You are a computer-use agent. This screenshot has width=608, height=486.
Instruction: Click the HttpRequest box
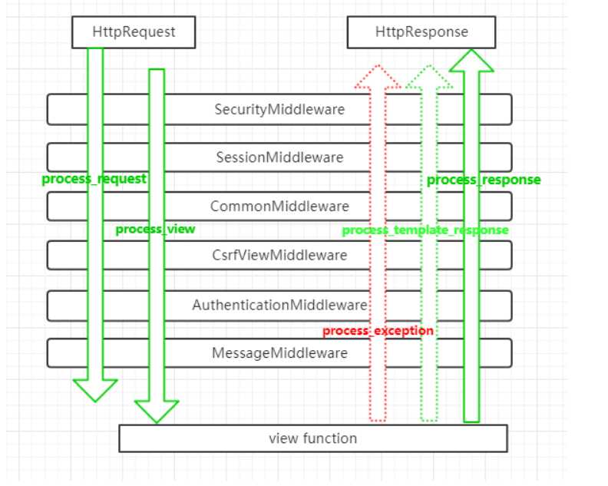click(x=134, y=32)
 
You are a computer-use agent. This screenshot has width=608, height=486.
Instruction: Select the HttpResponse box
click(x=421, y=32)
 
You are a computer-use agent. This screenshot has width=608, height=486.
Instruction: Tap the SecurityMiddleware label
click(x=279, y=109)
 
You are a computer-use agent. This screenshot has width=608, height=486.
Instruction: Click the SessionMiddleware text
click(x=279, y=157)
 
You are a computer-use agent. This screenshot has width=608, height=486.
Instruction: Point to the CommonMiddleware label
click(x=279, y=207)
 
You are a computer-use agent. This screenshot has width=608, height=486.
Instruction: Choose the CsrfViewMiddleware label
click(x=279, y=255)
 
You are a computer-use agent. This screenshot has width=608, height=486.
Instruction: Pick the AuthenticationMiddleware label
click(x=279, y=305)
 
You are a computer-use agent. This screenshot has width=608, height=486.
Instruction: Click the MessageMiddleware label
click(x=279, y=353)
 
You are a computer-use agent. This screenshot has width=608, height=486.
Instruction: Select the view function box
click(x=313, y=438)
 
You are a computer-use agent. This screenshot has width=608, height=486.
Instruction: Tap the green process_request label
click(x=94, y=179)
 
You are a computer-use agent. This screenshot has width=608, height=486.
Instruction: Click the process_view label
click(x=156, y=230)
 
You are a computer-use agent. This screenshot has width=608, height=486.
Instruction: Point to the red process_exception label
click(x=378, y=331)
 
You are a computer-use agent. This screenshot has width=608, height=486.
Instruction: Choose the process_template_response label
click(x=425, y=230)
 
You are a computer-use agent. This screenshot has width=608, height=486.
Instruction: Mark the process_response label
click(x=484, y=180)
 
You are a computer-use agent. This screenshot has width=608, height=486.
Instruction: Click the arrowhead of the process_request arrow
click(x=95, y=390)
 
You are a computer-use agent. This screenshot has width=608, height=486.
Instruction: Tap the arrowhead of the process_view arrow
click(x=157, y=411)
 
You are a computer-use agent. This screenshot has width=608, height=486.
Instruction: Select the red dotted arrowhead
click(x=378, y=77)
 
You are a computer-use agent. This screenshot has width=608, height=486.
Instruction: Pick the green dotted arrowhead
click(x=429, y=77)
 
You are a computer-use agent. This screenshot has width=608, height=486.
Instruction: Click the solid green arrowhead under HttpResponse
click(x=471, y=61)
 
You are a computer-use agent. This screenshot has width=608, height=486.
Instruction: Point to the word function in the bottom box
click(x=329, y=438)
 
